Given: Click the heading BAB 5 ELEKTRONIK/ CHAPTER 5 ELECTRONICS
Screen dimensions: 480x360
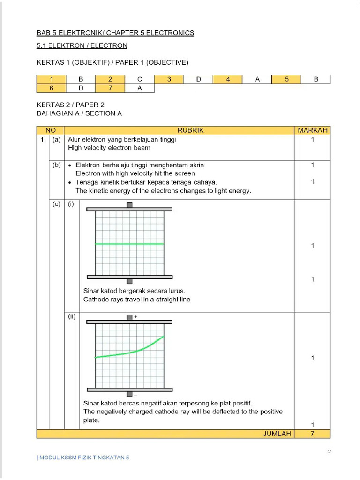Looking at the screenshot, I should [115, 33].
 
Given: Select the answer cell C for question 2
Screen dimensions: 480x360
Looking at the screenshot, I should [139, 80].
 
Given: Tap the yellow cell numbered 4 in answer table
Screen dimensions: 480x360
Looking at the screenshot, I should [228, 80].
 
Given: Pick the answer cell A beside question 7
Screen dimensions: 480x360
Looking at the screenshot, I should [139, 88].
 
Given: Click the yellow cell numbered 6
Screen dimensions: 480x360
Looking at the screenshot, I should [51, 88].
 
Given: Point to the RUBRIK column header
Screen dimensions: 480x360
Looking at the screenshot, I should [179, 130].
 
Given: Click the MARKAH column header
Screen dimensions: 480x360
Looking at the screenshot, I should [312, 130].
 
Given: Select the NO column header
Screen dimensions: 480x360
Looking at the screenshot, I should [51, 130].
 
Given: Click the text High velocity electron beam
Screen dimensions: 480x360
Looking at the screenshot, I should [109, 148].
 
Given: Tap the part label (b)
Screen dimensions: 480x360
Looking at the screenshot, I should [57, 165].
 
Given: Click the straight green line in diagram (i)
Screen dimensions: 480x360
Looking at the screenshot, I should [129, 244].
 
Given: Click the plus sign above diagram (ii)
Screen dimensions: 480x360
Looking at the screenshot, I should [135, 317].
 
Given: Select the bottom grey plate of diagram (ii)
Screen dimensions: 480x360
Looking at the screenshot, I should [129, 389].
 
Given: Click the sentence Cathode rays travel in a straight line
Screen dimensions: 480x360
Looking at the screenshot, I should [137, 299].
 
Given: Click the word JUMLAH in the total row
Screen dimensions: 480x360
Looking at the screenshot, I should [277, 434].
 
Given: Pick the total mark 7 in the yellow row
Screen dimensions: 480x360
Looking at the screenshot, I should [312, 434].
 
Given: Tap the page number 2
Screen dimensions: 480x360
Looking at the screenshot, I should [330, 452].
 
